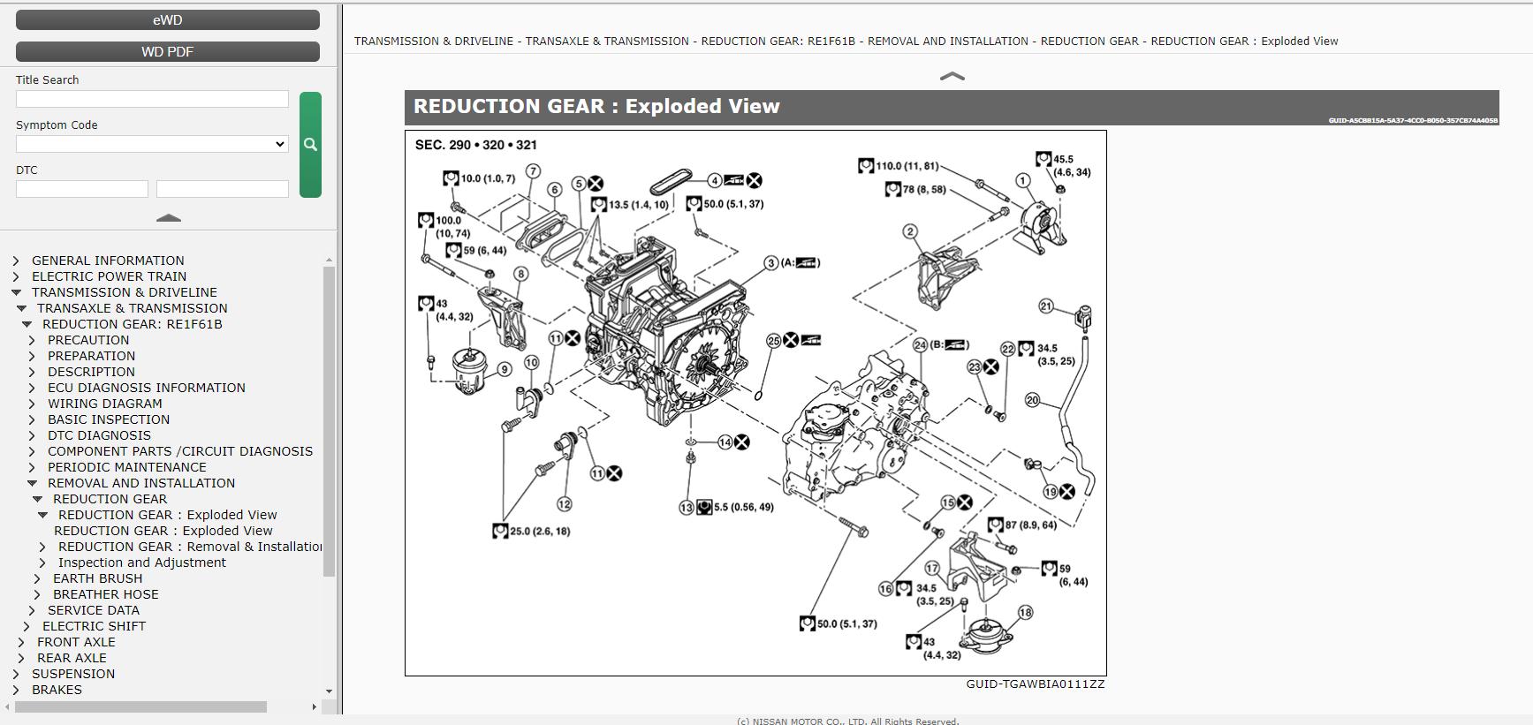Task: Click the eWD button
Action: [x=168, y=19]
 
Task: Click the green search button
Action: [x=310, y=144]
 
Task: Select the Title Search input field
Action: [x=152, y=99]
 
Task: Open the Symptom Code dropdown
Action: [x=152, y=144]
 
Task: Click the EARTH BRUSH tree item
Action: [x=97, y=578]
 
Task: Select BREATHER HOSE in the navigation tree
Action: [x=105, y=594]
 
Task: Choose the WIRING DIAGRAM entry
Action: [x=104, y=404]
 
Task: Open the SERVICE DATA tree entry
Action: [x=93, y=610]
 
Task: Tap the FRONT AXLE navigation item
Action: [x=76, y=642]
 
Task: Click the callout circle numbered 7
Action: [x=532, y=171]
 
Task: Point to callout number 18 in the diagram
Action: [x=1025, y=612]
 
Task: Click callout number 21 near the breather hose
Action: [x=1046, y=306]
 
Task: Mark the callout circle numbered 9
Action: [x=505, y=369]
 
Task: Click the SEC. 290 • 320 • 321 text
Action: [x=476, y=145]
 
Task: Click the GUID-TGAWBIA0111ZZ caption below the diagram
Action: [x=1035, y=684]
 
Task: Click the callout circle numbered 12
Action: [x=564, y=504]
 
